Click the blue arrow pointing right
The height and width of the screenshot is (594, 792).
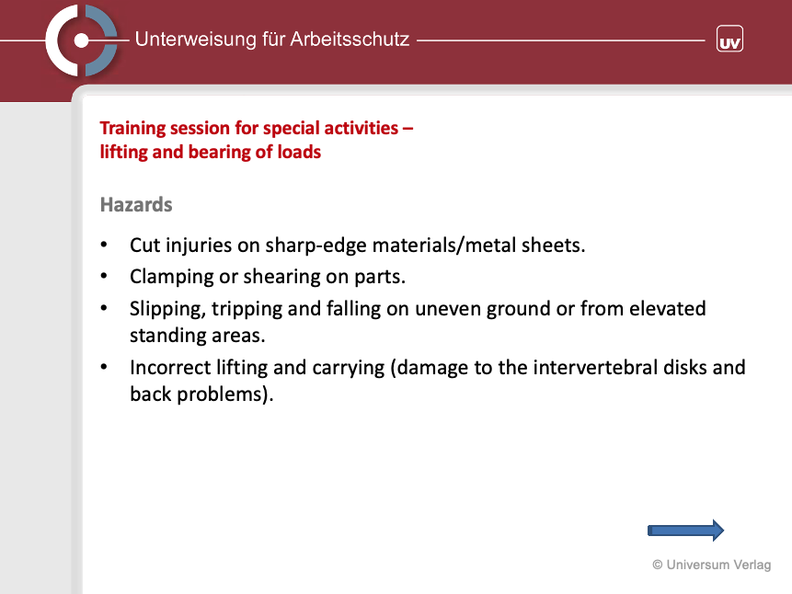[x=685, y=531]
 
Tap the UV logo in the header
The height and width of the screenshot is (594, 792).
[x=729, y=39]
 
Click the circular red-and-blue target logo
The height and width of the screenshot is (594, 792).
[x=81, y=40]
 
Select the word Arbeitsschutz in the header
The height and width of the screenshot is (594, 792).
[x=350, y=40]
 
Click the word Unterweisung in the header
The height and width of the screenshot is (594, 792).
[x=196, y=40]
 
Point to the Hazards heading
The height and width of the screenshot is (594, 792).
[x=136, y=204]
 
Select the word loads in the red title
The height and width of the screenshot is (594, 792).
[x=300, y=152]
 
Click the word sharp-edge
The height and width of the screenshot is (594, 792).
[x=316, y=246]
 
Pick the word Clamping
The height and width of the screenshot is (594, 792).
[x=172, y=277]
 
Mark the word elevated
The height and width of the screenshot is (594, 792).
[x=667, y=308]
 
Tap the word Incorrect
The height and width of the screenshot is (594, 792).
[x=170, y=367]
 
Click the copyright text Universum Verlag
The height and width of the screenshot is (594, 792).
[x=712, y=565]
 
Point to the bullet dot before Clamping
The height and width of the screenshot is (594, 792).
[x=104, y=276]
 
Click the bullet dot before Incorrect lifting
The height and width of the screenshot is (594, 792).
[x=104, y=367]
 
